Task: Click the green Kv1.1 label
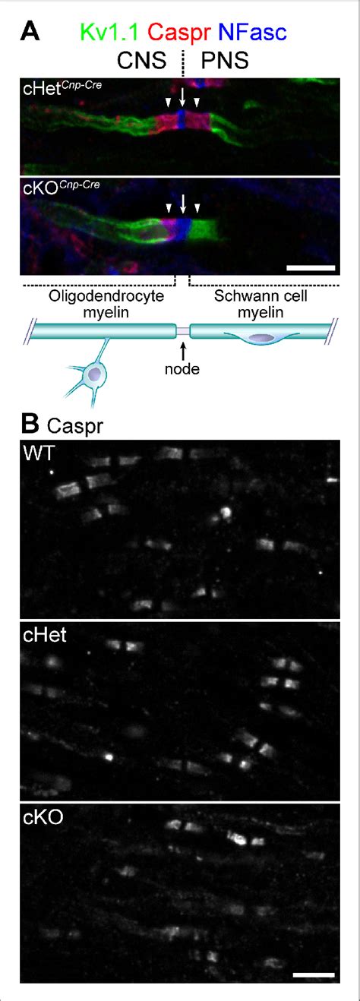(109, 32)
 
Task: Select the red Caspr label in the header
(179, 33)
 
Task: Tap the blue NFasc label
(253, 32)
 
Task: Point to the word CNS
(141, 60)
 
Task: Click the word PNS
(225, 60)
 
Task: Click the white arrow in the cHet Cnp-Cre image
(182, 97)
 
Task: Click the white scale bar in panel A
(311, 267)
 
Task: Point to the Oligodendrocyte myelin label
(106, 304)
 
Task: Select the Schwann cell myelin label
(261, 304)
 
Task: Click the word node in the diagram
(182, 369)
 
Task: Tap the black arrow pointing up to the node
(182, 351)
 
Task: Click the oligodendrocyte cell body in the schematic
(95, 374)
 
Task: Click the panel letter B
(30, 425)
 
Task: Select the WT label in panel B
(39, 453)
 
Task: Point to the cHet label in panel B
(45, 635)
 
